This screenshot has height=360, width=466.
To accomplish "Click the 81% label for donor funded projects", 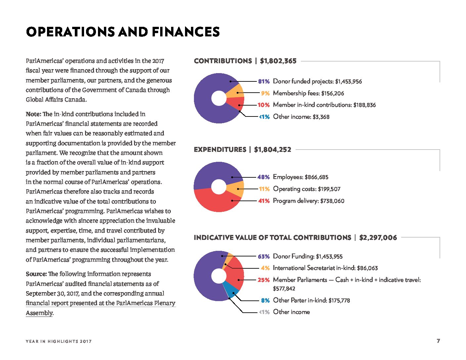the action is (x=263, y=81).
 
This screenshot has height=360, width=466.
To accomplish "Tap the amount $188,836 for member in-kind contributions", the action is (x=364, y=105).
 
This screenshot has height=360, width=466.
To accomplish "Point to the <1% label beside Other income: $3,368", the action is (x=264, y=117).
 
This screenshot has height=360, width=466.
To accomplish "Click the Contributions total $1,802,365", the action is (x=278, y=61).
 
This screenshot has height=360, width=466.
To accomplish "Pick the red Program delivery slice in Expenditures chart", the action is (x=216, y=201).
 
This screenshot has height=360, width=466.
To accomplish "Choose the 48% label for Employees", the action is (x=263, y=177).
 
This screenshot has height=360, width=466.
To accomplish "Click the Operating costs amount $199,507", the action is (x=329, y=189).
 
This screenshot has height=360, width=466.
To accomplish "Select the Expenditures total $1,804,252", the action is (x=272, y=150).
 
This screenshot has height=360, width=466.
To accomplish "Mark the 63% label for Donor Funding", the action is (x=264, y=256).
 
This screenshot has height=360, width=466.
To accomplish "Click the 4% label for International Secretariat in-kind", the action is (x=265, y=268).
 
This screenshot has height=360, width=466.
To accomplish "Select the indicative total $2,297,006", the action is (x=378, y=238).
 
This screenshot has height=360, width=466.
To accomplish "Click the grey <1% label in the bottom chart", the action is (x=264, y=312).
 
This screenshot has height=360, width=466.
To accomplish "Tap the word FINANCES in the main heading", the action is (x=186, y=32).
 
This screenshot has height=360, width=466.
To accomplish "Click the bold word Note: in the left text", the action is (x=33, y=114).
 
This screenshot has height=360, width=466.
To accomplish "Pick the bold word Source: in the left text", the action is (x=36, y=274).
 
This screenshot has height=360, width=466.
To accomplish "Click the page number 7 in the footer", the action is (x=438, y=341).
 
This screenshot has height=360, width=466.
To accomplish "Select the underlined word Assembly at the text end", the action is (x=39, y=313).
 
